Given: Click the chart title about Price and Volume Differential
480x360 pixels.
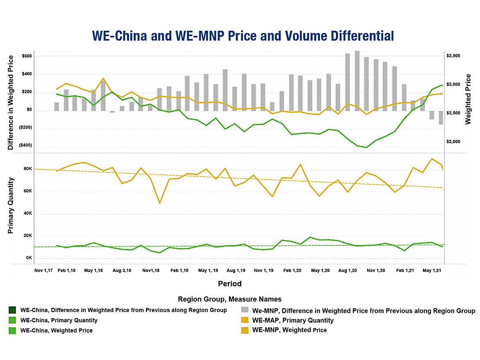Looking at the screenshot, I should click(242, 36).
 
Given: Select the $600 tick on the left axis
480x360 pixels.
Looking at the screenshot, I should click(27, 56).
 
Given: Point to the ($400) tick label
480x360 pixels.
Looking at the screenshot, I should click(25, 146).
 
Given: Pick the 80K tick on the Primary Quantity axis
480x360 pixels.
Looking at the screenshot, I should click(28, 169).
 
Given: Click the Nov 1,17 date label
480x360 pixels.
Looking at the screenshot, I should click(43, 271).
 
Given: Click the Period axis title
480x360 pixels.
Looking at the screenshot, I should click(230, 284).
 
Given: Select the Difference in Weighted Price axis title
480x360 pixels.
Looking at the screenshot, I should click(11, 102).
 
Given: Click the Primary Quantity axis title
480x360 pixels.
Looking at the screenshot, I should click(11, 206).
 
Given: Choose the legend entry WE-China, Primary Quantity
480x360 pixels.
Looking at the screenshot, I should click(59, 320).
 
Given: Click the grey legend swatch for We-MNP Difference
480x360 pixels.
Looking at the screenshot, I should click(245, 310).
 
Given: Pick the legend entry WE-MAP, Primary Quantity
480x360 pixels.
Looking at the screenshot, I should click(293, 320).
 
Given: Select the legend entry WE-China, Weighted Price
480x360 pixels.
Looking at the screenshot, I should click(57, 330).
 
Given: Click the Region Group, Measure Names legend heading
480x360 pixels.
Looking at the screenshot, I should click(230, 299).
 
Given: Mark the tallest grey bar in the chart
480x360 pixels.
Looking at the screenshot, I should click(357, 81).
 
